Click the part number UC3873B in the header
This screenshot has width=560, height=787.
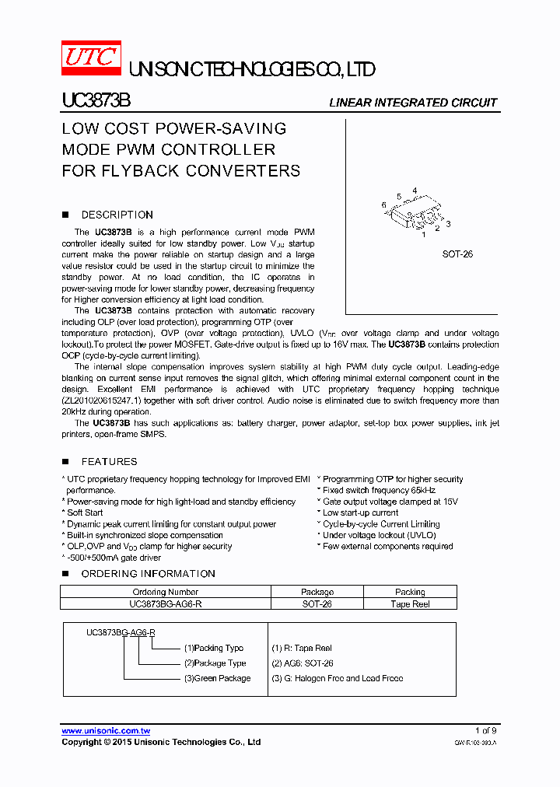(96, 102)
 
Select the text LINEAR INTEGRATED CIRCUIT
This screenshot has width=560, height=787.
(413, 103)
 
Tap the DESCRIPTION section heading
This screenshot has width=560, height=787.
(117, 215)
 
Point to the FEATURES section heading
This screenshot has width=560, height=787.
(109, 461)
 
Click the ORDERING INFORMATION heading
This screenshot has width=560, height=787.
(148, 573)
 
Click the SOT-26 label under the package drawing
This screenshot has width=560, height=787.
(457, 254)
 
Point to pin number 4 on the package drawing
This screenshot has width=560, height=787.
(415, 191)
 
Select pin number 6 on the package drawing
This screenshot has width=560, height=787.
(383, 205)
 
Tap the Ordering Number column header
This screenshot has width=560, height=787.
(166, 592)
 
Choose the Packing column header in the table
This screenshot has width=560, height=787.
(410, 592)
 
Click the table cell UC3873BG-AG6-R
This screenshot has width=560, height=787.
(166, 603)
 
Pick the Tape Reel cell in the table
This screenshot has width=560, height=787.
(410, 603)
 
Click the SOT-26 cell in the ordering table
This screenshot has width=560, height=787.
(317, 603)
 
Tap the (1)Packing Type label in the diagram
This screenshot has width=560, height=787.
(214, 648)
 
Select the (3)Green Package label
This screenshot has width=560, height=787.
(217, 678)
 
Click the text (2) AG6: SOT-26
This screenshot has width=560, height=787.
(302, 663)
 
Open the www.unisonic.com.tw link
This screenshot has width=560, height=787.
(106, 731)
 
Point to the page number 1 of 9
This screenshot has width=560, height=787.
(485, 730)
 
